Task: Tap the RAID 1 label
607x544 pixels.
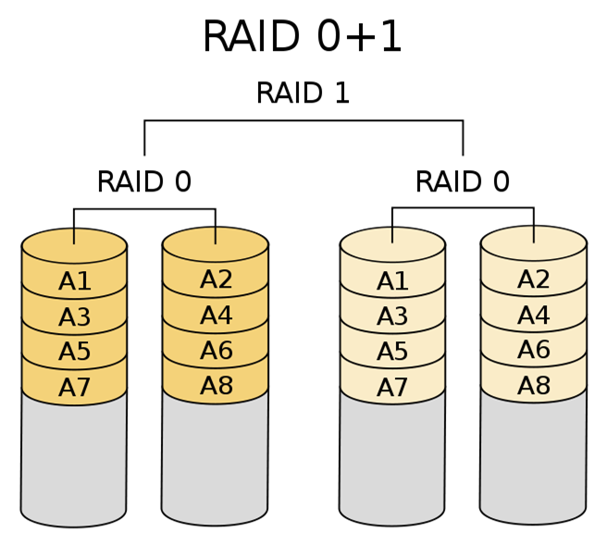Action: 303,93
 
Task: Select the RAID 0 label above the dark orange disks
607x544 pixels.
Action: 143,182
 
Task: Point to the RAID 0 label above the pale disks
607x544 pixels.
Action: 462,182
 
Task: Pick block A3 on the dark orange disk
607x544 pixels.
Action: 74,318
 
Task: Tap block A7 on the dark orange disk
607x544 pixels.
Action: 74,388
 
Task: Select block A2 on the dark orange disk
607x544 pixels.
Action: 216,280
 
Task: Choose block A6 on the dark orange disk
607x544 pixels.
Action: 216,352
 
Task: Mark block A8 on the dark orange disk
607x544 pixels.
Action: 216,386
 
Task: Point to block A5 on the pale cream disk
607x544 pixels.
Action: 392,352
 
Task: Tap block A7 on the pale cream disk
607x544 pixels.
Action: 392,388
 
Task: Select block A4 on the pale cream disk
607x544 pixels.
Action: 534,316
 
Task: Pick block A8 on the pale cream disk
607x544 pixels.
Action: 534,386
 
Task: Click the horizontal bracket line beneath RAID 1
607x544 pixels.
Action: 303,120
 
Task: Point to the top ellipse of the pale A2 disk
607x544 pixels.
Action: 534,243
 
